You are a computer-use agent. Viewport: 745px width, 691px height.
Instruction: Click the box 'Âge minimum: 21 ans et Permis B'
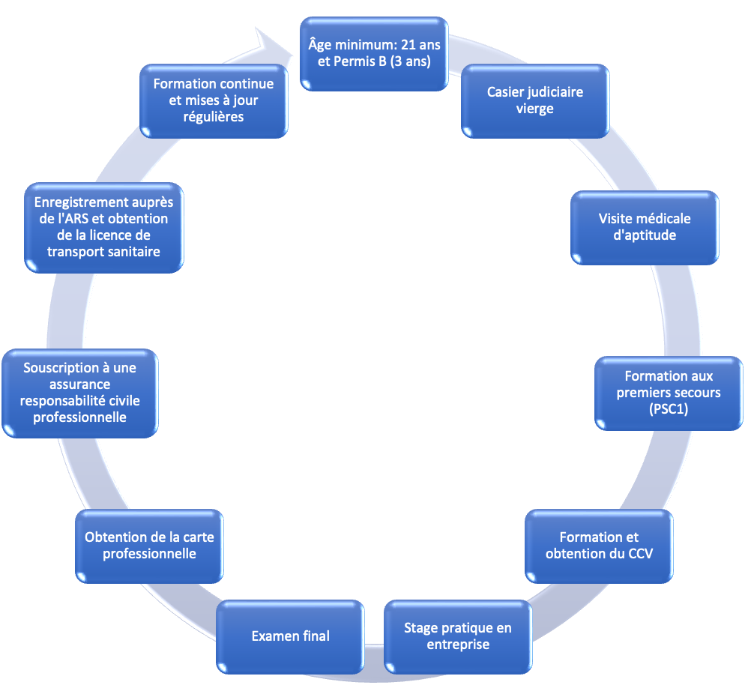[374, 53]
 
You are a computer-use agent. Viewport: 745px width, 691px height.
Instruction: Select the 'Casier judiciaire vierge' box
[534, 100]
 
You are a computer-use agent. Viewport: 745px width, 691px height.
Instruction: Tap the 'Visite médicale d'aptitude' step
[645, 227]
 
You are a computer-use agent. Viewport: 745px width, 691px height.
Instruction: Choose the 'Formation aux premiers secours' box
[668, 393]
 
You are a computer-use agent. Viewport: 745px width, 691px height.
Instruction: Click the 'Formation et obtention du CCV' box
[599, 546]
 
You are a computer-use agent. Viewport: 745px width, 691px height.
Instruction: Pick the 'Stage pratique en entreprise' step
[457, 636]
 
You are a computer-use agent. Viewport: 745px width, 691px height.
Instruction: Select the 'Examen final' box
[290, 636]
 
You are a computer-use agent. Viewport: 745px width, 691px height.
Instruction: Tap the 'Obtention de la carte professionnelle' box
[149, 546]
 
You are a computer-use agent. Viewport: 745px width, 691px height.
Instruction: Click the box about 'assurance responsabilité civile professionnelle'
[80, 393]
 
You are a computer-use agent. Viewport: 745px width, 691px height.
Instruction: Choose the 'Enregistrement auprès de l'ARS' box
[103, 227]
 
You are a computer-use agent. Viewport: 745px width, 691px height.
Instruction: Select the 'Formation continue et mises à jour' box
[214, 100]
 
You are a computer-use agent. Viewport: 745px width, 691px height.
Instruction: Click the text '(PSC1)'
[668, 409]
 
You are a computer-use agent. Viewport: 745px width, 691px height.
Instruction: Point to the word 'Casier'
[506, 92]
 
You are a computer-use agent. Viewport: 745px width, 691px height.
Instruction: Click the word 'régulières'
[214, 117]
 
